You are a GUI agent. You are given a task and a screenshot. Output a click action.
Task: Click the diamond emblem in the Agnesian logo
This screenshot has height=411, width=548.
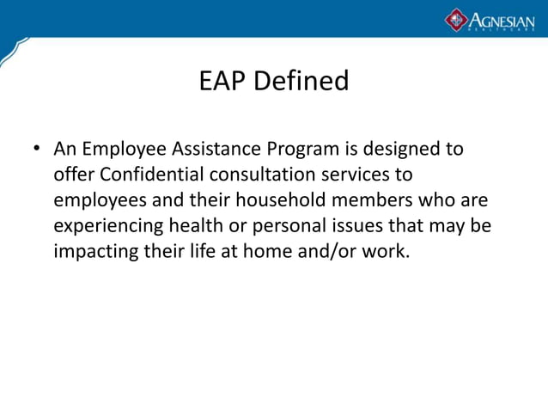[x=455, y=19]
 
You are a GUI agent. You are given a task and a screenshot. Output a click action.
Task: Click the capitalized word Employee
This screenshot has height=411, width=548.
[x=123, y=150]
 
